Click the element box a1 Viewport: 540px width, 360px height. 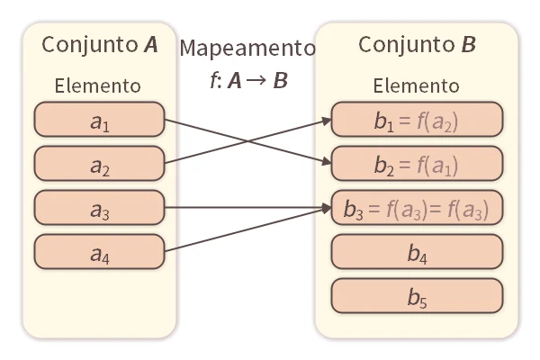point(99,120)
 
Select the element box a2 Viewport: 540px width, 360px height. point(99,164)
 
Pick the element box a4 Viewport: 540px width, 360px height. point(99,252)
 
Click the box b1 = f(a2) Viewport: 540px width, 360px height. point(416,120)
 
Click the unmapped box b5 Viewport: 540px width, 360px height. point(416,295)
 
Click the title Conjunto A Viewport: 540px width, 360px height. point(100,45)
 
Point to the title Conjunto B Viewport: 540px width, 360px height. point(417,45)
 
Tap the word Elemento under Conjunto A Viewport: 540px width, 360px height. point(97,86)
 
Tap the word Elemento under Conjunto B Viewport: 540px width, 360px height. point(416,86)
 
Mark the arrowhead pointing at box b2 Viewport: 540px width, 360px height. point(326,163)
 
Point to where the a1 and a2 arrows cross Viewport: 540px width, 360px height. point(247,140)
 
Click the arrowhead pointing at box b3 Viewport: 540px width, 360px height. point(326,208)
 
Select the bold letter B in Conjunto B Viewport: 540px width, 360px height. point(469,45)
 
